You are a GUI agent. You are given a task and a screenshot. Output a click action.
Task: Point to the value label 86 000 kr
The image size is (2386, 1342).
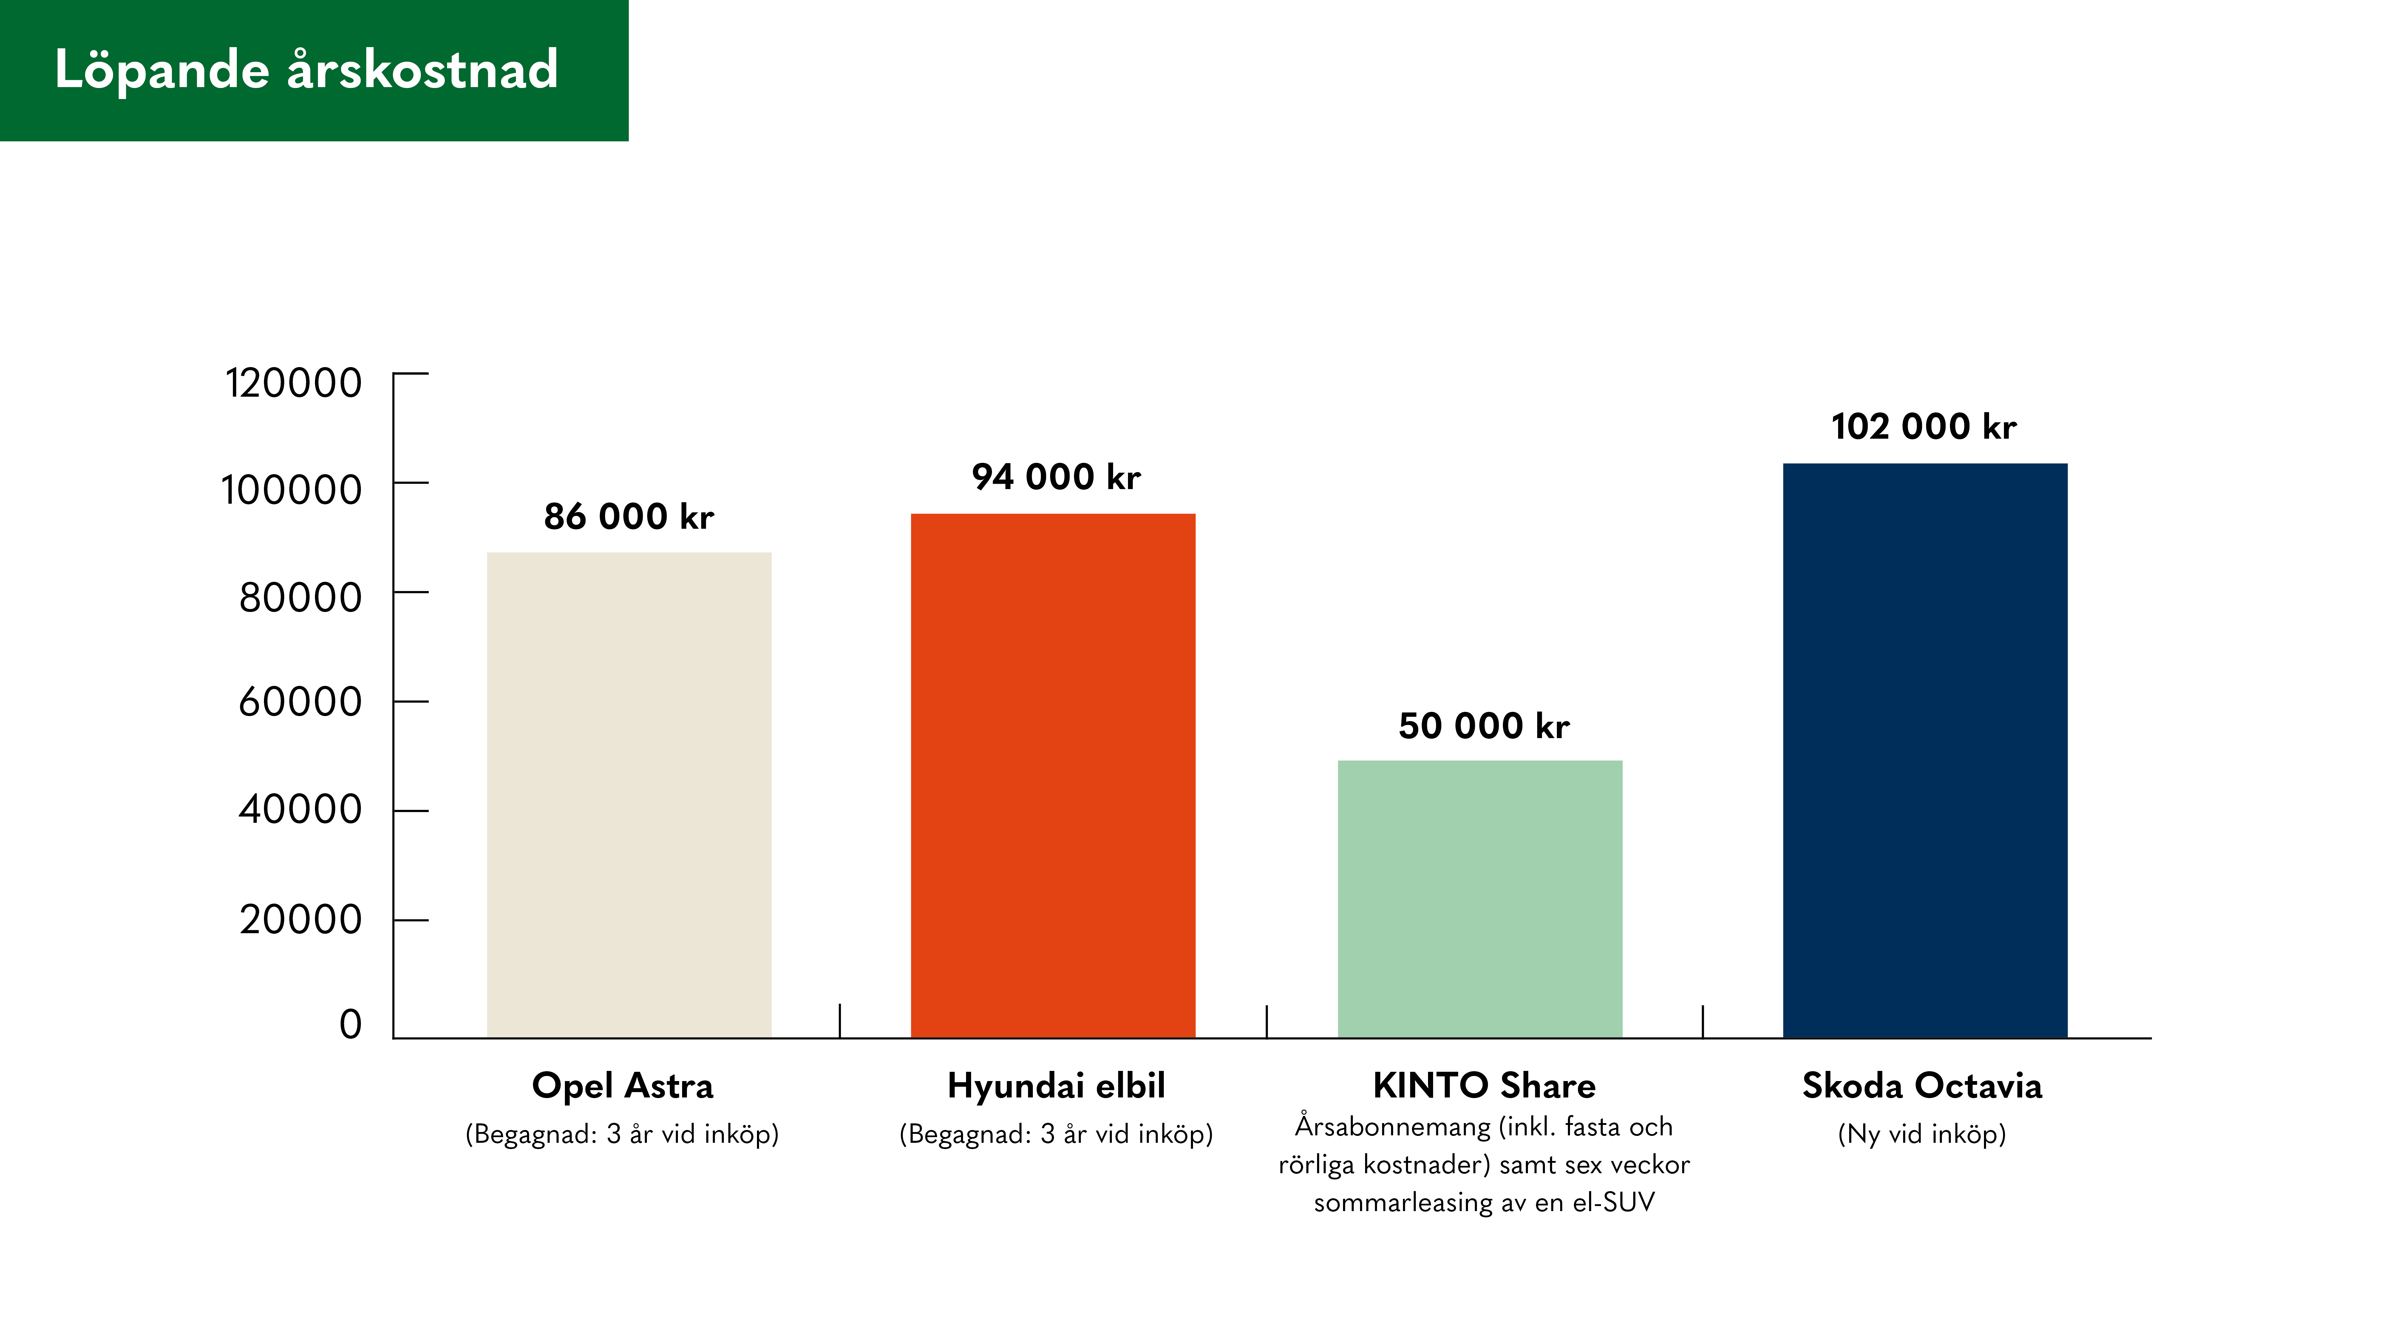[629, 517]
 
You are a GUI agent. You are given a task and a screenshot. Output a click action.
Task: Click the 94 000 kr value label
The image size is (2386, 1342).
[1056, 477]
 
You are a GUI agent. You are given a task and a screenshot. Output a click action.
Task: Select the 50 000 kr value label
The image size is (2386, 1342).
[1484, 726]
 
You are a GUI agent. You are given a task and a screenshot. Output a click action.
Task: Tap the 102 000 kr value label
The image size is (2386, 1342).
[1924, 427]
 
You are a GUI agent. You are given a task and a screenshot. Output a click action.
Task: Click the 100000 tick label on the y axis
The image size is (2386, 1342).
[291, 490]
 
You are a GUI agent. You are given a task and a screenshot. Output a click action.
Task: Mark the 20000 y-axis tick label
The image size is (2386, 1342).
[300, 920]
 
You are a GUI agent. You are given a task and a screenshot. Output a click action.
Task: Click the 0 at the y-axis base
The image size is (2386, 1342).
[350, 1024]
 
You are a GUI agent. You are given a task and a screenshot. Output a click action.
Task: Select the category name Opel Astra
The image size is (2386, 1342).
[622, 1086]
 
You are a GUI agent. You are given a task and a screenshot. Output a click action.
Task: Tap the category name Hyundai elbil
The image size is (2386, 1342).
[1056, 1086]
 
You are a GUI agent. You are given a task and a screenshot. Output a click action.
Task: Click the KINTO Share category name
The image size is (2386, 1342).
[1484, 1086]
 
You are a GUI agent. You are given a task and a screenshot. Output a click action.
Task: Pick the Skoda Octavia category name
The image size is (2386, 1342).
[1922, 1086]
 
